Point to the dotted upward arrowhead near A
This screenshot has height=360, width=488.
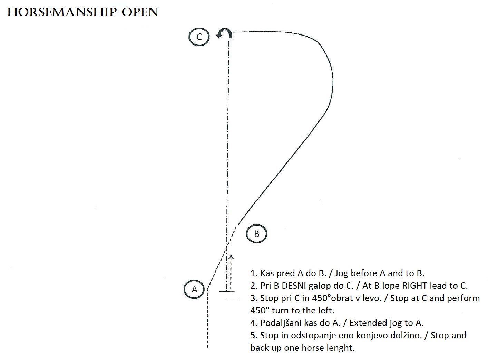click(231, 257)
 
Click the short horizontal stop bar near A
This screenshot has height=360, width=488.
click(227, 291)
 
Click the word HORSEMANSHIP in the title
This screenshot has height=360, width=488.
click(62, 12)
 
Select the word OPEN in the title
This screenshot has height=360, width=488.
click(140, 12)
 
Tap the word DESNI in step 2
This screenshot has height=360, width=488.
click(294, 286)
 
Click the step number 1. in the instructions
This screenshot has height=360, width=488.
click(254, 273)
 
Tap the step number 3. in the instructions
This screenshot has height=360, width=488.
click(254, 298)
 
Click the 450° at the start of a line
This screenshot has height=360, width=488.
click(260, 311)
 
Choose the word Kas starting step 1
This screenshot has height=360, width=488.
click(267, 273)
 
